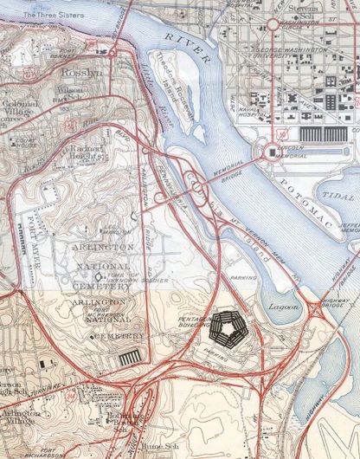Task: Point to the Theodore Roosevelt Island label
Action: pyautogui.click(x=174, y=80)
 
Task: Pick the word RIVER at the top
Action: pyautogui.click(x=187, y=48)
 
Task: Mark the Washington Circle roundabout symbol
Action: pyautogui.click(x=273, y=25)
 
